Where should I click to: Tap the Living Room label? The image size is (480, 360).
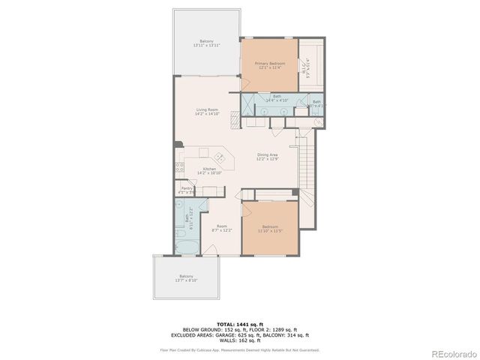(x=206, y=111)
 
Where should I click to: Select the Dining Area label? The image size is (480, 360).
(x=268, y=157)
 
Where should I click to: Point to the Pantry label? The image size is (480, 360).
(x=185, y=190)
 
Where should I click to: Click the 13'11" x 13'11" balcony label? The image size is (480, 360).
(x=206, y=43)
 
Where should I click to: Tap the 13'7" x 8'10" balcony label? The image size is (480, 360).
(x=186, y=277)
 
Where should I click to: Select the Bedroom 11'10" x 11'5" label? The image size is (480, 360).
(x=270, y=228)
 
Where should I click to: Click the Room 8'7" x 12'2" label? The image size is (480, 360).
(x=222, y=228)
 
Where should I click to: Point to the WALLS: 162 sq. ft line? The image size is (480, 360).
(x=240, y=340)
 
